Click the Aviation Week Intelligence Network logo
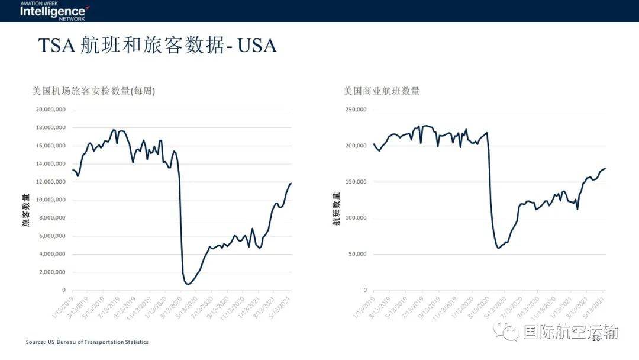point(54,10)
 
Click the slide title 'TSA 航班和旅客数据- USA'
point(157,46)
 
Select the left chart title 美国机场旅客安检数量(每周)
point(93,91)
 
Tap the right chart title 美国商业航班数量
point(382,91)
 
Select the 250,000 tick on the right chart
point(356,110)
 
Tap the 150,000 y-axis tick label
point(356,182)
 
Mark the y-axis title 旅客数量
point(26,210)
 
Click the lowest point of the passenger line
point(188,284)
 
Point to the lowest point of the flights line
point(498,248)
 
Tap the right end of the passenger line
point(291,184)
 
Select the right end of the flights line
point(605,168)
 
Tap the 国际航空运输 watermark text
point(570,332)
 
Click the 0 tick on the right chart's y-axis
point(365,290)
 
